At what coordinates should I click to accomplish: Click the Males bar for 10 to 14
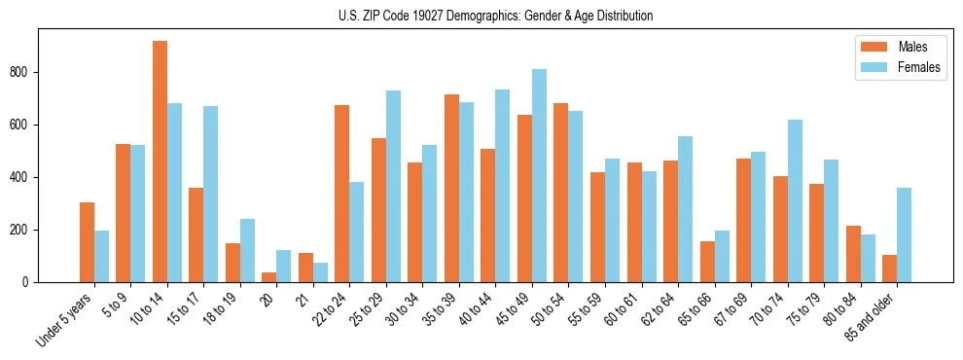(x=160, y=162)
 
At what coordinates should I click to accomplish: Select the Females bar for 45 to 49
(x=539, y=175)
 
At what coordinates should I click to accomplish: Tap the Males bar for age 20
(x=269, y=277)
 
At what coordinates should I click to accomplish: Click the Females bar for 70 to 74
(x=795, y=200)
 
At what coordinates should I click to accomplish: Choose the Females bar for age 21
(x=320, y=272)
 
